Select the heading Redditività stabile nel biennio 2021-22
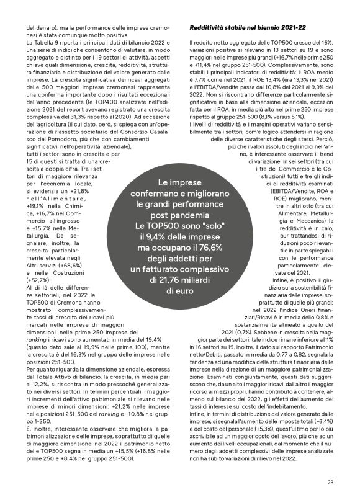tap(247, 29)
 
